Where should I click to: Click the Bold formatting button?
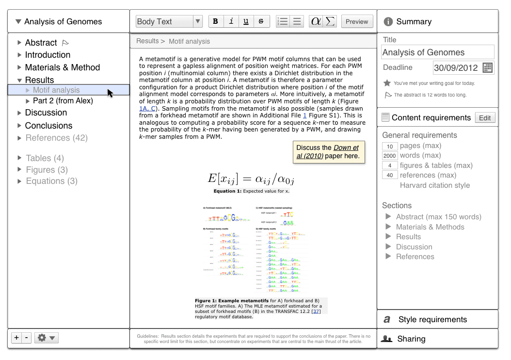pyautogui.click(x=215, y=21)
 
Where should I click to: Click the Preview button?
pyautogui.click(x=357, y=21)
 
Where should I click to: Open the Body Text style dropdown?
pyautogui.click(x=169, y=21)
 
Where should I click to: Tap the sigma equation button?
pyautogui.click(x=330, y=21)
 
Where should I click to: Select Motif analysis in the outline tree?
pyautogui.click(x=56, y=90)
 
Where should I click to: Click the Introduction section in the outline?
pyautogui.click(x=48, y=55)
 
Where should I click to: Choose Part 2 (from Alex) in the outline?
pyautogui.click(x=63, y=101)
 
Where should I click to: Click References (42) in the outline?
pyautogui.click(x=56, y=138)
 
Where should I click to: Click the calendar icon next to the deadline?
pyautogui.click(x=488, y=67)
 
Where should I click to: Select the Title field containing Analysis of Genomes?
pyautogui.click(x=438, y=52)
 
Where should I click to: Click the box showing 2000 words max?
pyautogui.click(x=390, y=156)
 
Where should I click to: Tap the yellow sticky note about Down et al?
pyautogui.click(x=329, y=152)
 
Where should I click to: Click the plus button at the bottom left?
pyautogui.click(x=17, y=338)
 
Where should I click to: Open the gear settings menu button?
pyautogui.click(x=46, y=338)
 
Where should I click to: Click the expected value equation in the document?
pyautogui.click(x=251, y=179)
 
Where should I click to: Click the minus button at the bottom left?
pyautogui.click(x=27, y=338)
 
